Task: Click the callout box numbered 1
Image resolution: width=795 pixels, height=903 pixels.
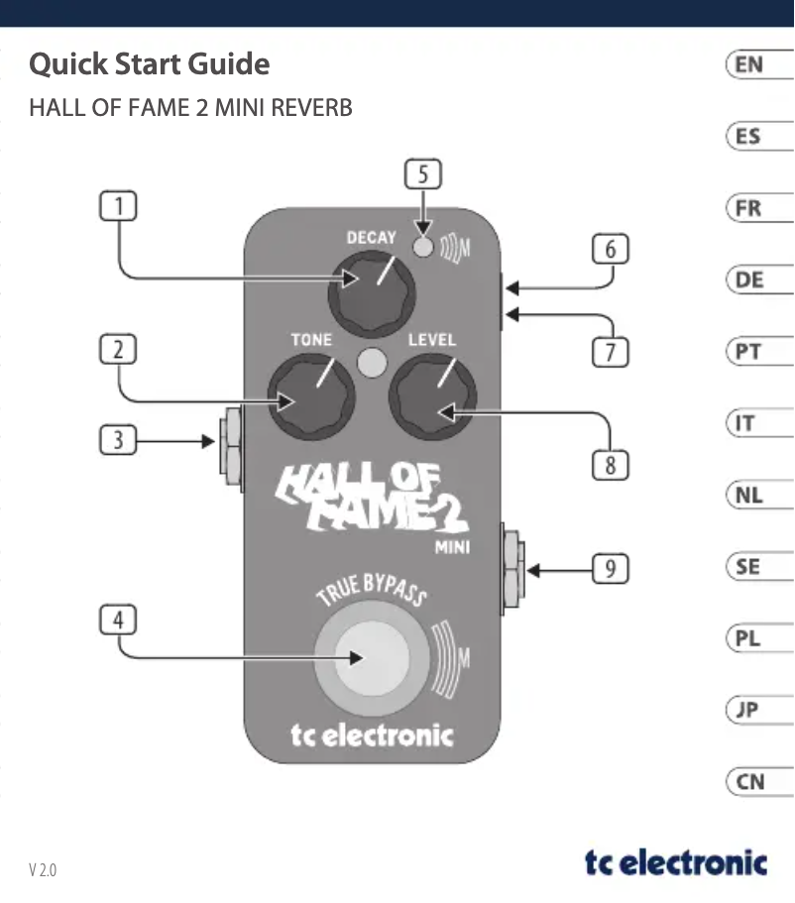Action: pos(118,207)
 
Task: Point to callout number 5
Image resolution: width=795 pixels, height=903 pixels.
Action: pos(423,174)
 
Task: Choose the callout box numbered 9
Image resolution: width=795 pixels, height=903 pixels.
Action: pos(611,569)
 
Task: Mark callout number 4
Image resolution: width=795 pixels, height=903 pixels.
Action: pos(118,621)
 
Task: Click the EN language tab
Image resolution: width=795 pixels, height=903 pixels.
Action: pos(750,65)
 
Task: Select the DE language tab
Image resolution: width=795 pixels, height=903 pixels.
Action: pos(750,281)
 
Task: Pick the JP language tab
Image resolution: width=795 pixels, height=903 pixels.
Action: pos(750,711)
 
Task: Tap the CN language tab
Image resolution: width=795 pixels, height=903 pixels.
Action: pos(750,782)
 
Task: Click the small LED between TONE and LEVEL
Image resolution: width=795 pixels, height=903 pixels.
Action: pos(372,363)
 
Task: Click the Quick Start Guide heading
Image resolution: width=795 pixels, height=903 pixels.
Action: pos(150,64)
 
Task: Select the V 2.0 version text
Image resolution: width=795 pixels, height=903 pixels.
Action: pos(43,870)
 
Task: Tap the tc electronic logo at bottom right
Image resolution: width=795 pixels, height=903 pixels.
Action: pos(675,862)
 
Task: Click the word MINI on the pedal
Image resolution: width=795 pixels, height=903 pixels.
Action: pos(451,546)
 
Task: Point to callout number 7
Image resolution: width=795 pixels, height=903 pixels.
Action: pos(611,351)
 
